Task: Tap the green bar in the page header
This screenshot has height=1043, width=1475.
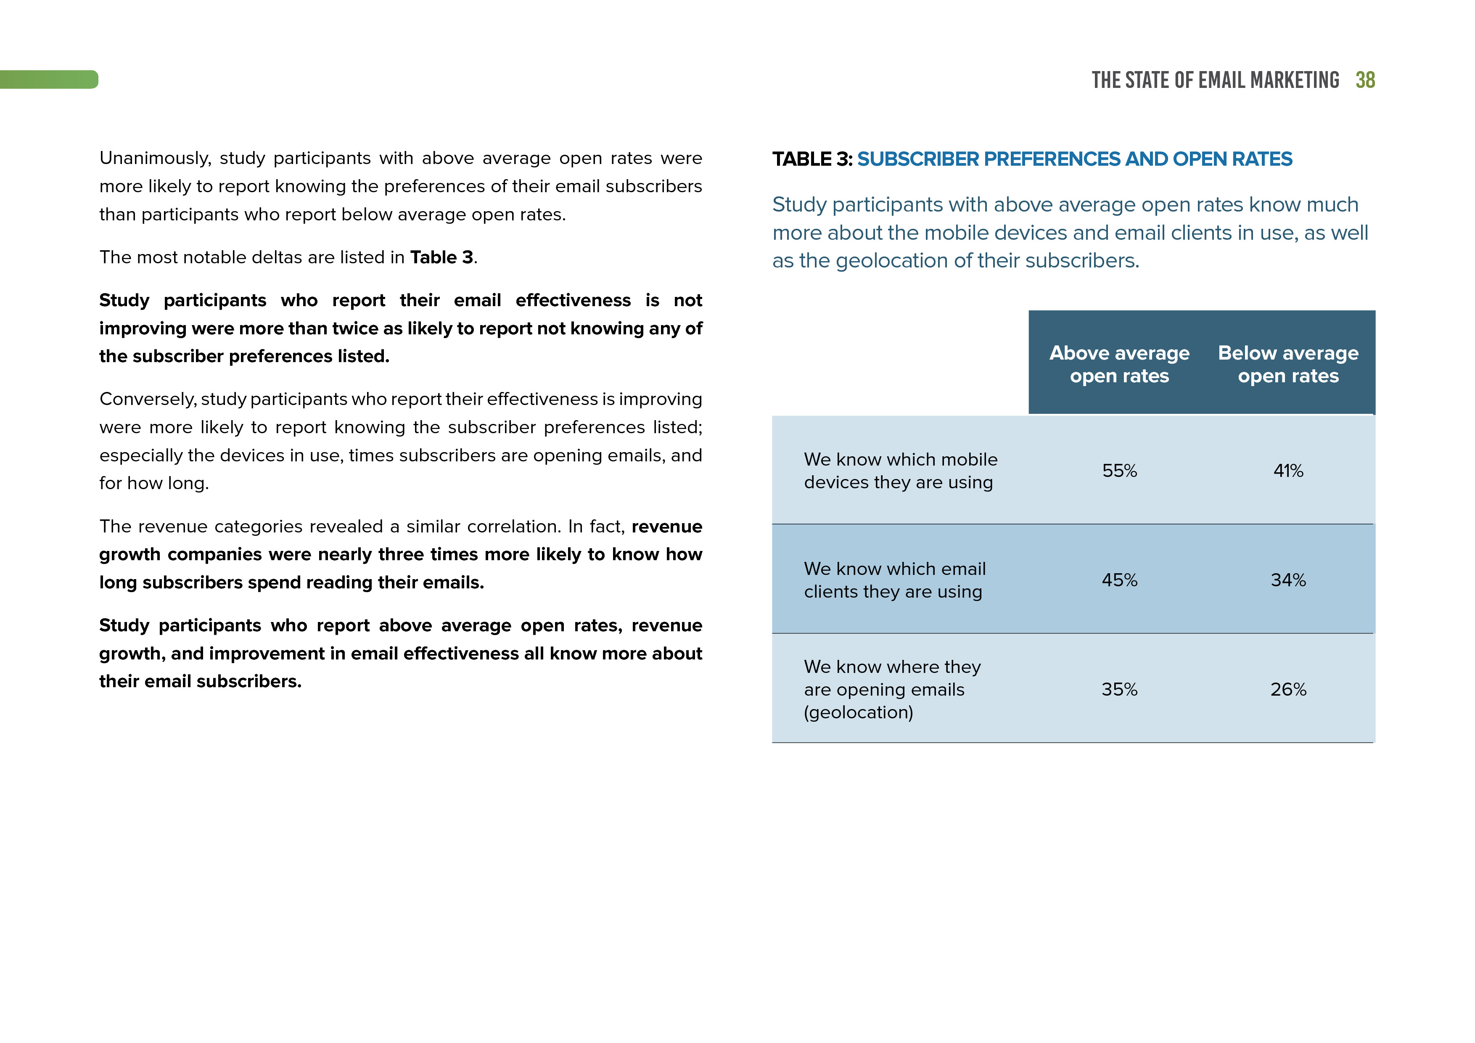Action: (49, 79)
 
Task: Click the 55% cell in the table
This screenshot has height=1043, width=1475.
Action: (1119, 471)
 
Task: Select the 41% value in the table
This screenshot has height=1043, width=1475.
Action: (1288, 471)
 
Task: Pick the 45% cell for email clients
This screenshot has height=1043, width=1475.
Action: (1119, 580)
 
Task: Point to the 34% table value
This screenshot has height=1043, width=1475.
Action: (1288, 580)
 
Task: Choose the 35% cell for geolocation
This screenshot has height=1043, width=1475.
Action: (1119, 690)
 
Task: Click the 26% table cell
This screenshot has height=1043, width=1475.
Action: (1288, 690)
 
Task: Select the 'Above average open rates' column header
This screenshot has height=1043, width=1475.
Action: (1119, 364)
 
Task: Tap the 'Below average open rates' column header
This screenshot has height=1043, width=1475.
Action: (1288, 364)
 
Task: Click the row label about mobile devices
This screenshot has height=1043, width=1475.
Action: (900, 471)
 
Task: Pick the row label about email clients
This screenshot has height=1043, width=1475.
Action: (894, 580)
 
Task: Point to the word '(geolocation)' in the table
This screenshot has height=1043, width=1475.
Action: (858, 712)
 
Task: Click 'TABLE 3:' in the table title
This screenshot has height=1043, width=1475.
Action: (812, 159)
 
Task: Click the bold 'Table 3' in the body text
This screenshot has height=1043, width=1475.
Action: (441, 258)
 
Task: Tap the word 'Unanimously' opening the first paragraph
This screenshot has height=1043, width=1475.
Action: (155, 158)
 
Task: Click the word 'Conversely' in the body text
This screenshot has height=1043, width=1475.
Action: (147, 400)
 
